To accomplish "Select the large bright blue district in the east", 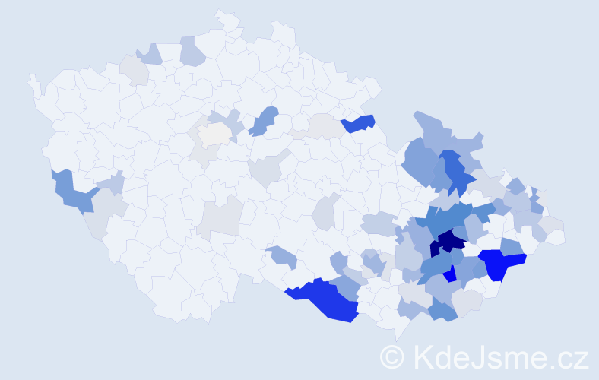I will tap(500, 263).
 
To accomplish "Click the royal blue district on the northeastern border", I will tap(359, 123).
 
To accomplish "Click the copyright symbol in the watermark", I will tap(392, 356).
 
